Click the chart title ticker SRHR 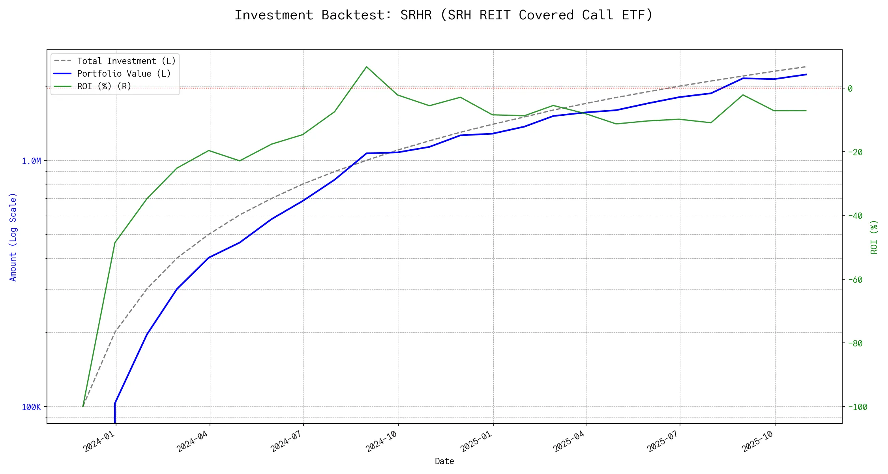[x=416, y=15]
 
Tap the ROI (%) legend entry [x=104, y=87]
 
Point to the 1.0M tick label [x=31, y=161]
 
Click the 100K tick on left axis [x=31, y=407]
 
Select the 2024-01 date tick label [x=99, y=441]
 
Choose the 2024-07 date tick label [x=287, y=441]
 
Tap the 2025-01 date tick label [x=476, y=441]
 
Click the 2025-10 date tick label [x=758, y=441]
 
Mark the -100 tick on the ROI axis [x=857, y=407]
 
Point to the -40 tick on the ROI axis [x=854, y=216]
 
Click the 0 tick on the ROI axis [x=850, y=88]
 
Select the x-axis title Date [x=444, y=461]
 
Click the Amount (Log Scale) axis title [x=13, y=237]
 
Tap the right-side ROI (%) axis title [x=874, y=237]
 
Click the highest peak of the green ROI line [x=367, y=67]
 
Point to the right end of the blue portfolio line [x=806, y=74]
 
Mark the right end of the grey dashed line [x=806, y=67]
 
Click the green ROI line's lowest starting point [x=83, y=406]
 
